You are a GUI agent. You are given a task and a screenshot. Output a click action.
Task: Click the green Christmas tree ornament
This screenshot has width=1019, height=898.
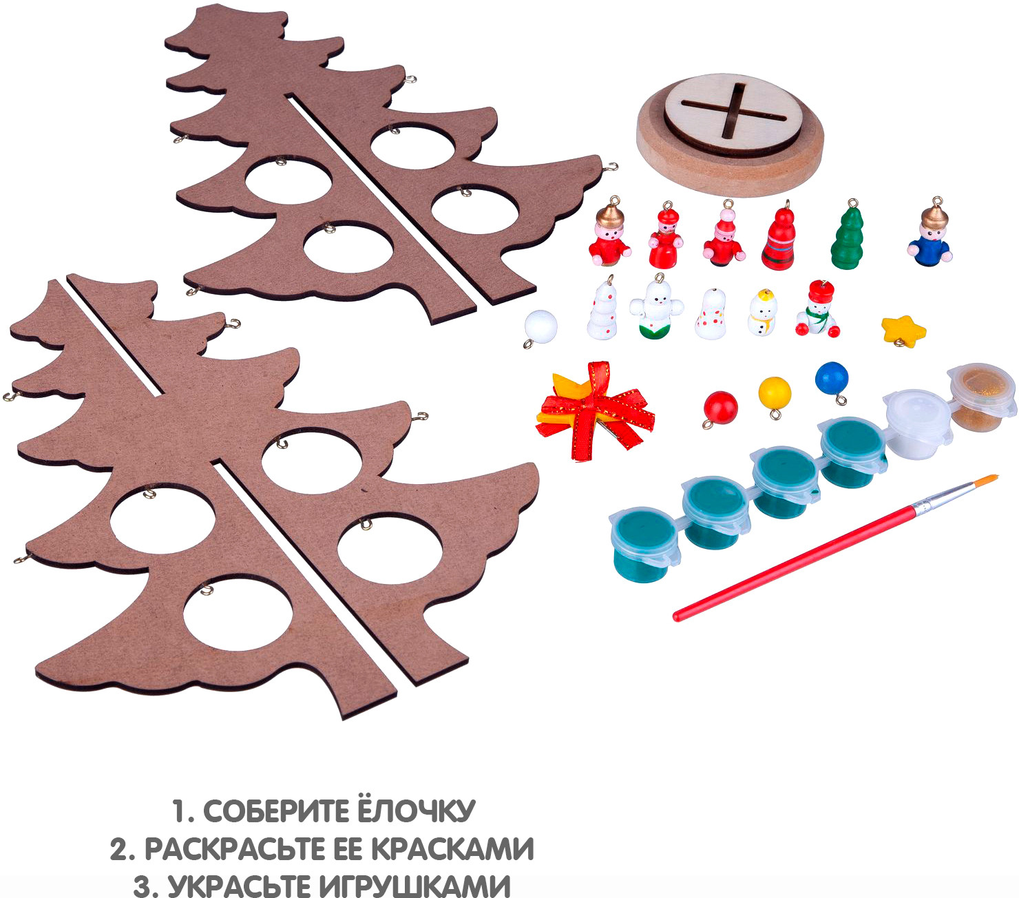(x=847, y=236)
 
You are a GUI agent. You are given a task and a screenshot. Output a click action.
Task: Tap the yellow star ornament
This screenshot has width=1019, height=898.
(x=903, y=331)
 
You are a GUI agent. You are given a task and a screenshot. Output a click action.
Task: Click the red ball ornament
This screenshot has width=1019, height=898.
(x=720, y=408)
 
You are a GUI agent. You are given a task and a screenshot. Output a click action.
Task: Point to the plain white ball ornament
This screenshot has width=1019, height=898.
(x=540, y=328)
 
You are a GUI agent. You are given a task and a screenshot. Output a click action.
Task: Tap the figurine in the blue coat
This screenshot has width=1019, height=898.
(x=930, y=234)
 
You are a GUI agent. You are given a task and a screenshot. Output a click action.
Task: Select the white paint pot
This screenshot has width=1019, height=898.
(x=916, y=423)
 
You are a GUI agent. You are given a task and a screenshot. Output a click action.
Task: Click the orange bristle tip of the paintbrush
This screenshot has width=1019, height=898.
(x=987, y=480)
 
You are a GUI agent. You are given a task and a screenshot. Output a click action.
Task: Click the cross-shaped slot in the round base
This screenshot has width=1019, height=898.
(x=733, y=111)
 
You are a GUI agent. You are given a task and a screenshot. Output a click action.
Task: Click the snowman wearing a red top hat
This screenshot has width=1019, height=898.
(x=817, y=309)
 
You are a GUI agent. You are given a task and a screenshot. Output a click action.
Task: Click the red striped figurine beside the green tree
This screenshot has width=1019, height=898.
(x=779, y=236)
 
